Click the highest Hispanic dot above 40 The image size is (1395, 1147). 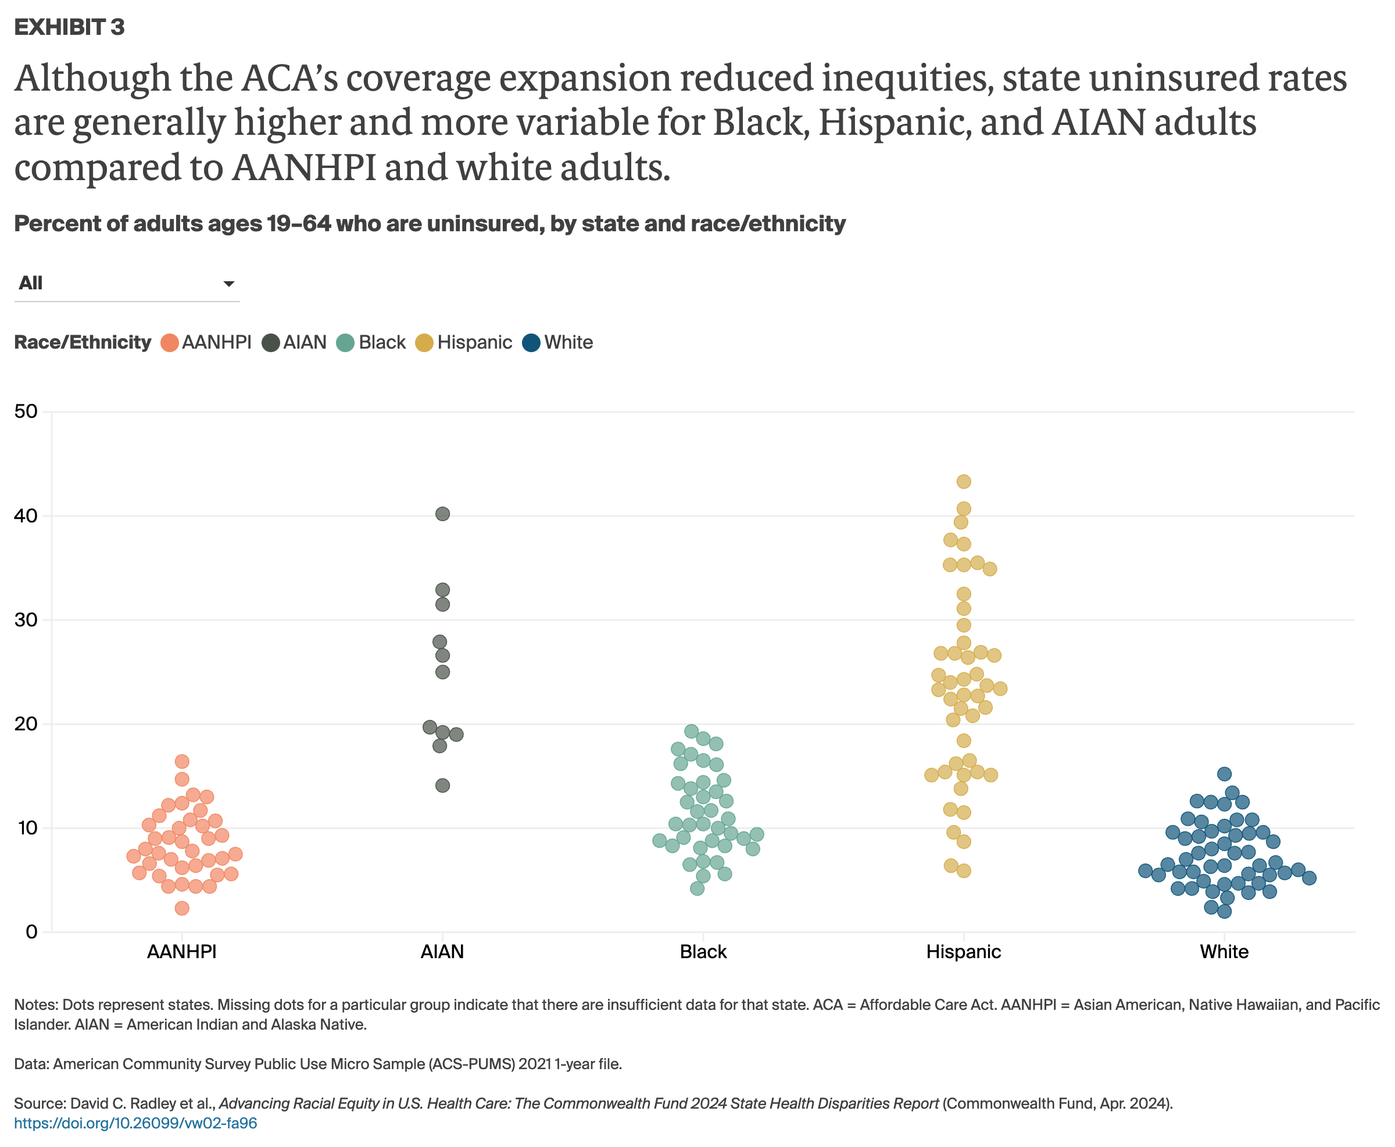(964, 482)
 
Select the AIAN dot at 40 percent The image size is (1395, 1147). (443, 514)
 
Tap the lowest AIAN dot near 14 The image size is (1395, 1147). (443, 786)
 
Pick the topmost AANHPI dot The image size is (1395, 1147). (182, 762)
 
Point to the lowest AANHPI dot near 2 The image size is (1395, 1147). (182, 909)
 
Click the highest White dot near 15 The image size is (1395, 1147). (1224, 774)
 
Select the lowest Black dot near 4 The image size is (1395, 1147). (697, 888)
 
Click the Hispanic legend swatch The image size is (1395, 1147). (424, 343)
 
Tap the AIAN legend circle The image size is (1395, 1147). (270, 343)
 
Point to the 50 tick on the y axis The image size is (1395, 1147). (26, 411)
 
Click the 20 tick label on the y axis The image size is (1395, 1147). (26, 724)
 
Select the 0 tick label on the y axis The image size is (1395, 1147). (31, 932)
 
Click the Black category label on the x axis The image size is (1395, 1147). (703, 952)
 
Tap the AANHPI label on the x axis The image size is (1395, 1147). (182, 952)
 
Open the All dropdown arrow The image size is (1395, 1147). (228, 284)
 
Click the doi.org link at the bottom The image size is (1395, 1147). (135, 1123)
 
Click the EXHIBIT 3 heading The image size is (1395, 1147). (69, 27)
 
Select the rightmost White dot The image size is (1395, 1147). (1309, 878)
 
